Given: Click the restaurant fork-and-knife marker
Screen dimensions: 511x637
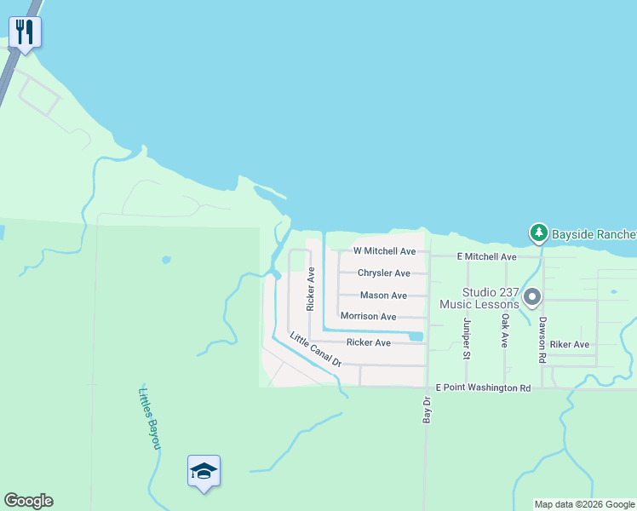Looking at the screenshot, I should click(26, 33).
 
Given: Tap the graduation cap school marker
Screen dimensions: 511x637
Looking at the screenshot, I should click(204, 470).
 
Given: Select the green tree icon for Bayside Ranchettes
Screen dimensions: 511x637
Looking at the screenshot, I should click(538, 233).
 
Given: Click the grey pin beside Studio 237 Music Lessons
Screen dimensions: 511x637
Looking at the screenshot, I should click(532, 297).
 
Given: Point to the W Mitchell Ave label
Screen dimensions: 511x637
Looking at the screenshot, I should click(384, 251).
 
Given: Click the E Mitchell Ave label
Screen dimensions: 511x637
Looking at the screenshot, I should click(486, 256).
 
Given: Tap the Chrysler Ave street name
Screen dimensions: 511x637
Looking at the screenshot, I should click(384, 273).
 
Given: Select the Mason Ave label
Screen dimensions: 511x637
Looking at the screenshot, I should click(383, 296).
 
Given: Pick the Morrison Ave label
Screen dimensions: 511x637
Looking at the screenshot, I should click(368, 317).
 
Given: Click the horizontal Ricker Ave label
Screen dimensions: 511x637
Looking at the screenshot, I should click(368, 342).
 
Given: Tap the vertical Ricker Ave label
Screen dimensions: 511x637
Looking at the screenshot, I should click(312, 288).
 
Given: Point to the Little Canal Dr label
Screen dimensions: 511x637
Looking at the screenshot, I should click(315, 349).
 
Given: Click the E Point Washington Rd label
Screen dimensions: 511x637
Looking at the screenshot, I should click(483, 388).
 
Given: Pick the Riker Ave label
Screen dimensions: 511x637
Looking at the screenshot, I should click(570, 345).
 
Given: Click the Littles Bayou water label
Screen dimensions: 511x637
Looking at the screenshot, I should click(149, 419).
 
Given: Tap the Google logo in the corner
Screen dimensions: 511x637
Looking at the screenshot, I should click(28, 501).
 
